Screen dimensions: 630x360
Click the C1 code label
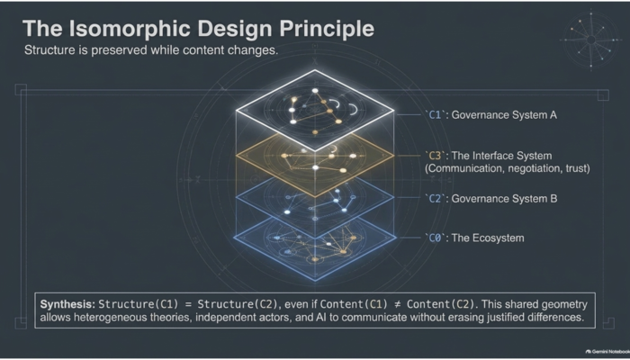435,115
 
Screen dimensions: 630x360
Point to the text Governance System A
504,115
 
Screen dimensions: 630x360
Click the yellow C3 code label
435,156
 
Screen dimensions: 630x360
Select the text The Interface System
501,156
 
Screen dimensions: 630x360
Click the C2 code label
435,199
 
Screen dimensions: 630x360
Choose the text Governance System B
504,199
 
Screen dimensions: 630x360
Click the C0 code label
435,238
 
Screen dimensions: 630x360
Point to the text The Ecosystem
488,238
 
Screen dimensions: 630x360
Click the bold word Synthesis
67,304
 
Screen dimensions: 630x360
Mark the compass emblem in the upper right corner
590,40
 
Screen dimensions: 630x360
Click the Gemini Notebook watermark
607,351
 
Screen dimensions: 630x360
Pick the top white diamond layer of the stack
315,110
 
